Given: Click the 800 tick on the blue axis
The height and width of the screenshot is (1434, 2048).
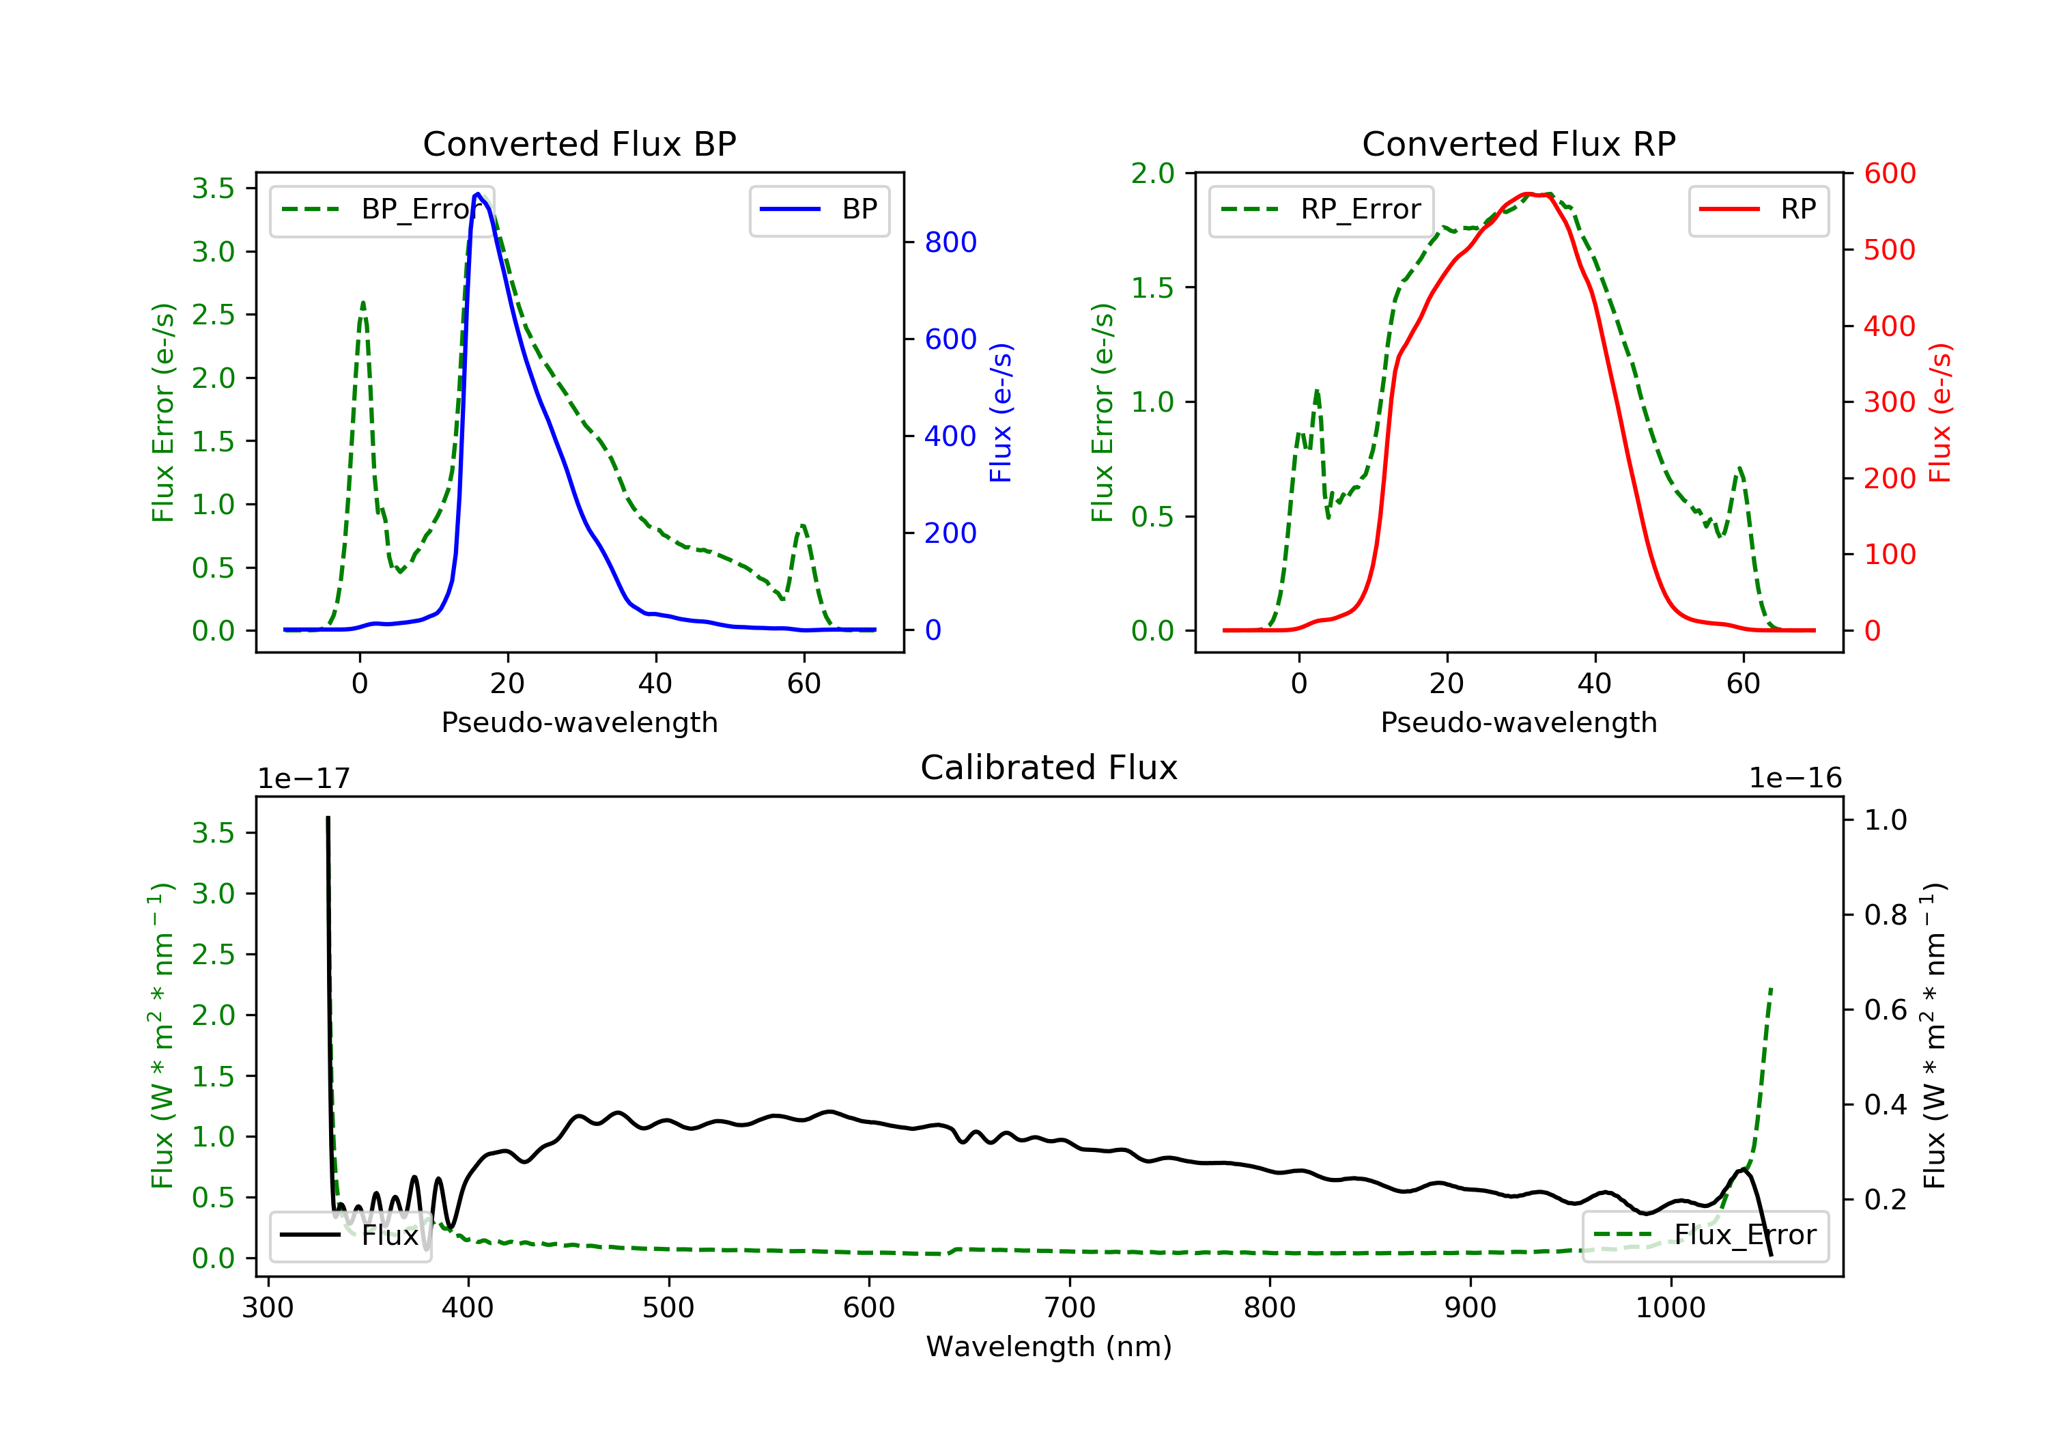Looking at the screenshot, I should point(950,242).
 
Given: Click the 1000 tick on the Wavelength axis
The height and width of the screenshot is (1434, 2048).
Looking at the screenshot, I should point(1670,1308).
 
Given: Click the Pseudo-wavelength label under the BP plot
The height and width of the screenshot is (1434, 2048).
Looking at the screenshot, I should point(579,722).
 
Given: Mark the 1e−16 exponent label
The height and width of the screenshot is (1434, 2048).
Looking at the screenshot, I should point(1795,778).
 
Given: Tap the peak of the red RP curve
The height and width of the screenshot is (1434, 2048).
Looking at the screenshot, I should point(1527,194).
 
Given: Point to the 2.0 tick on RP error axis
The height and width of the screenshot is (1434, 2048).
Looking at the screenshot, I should point(1152,174).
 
